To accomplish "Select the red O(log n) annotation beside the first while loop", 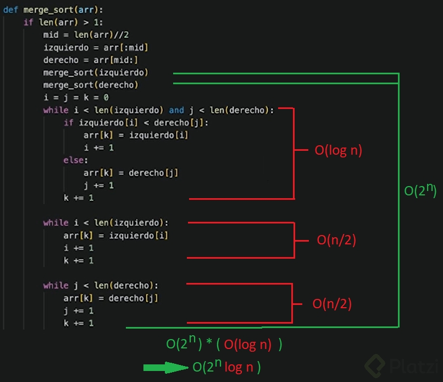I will coord(338,150).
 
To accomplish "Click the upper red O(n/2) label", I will coord(341,240).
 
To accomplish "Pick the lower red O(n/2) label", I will coord(332,304).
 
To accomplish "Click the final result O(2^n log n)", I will coord(226,367).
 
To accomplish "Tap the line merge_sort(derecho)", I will coord(91,85).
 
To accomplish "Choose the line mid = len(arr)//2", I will coord(86,35).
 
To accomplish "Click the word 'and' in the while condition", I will coord(176,110).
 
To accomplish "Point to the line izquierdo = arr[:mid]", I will coord(96,48).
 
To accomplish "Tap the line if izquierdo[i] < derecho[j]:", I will coord(136,123).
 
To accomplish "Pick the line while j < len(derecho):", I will coord(101,286).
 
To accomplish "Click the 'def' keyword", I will coord(11,10).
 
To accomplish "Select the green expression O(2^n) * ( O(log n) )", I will coord(224,345).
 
